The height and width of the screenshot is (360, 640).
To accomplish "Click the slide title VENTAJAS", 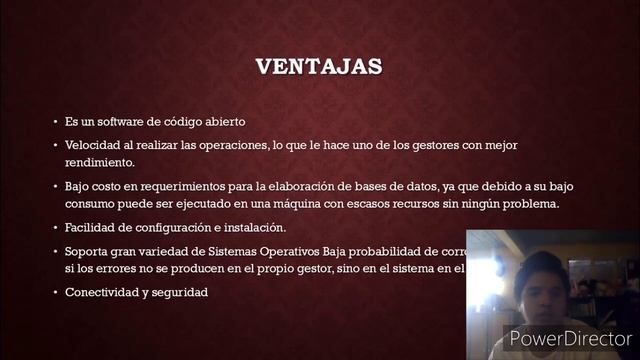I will point(319,67).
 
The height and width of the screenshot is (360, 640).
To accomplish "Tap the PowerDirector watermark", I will point(569,338).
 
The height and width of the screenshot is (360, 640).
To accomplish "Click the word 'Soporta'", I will point(88,251).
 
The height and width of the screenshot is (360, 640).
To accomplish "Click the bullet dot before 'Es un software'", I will point(56,122).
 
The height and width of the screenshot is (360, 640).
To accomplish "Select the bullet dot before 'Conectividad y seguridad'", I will point(56,292).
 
